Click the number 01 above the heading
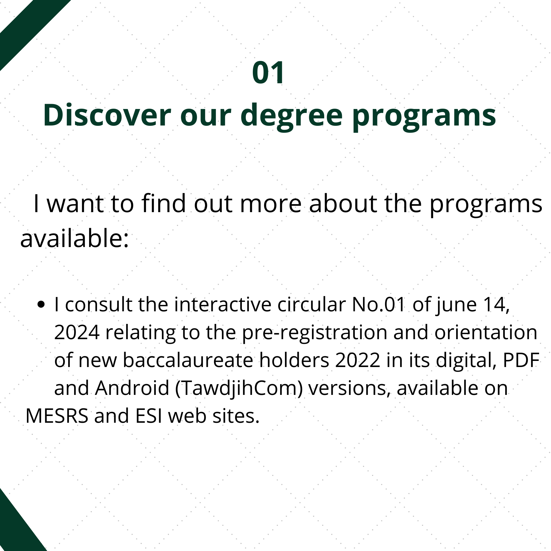click(268, 73)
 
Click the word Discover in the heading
click(107, 115)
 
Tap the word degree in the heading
click(291, 117)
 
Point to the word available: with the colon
click(74, 238)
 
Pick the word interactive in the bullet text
click(223, 305)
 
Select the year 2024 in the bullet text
click(77, 332)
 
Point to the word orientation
click(486, 332)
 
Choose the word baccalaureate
click(188, 360)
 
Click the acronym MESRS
click(57, 416)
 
